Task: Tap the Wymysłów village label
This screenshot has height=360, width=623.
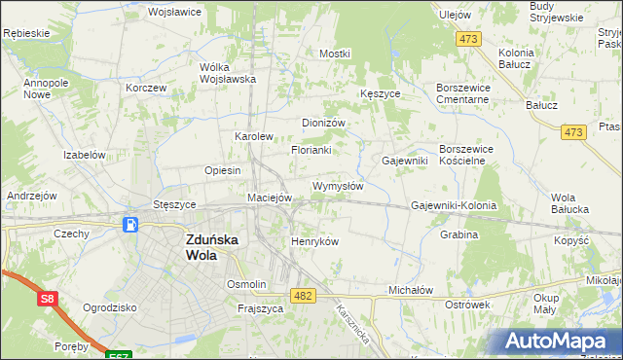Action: pos(338,186)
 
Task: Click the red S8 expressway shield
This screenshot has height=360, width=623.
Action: pos(47,301)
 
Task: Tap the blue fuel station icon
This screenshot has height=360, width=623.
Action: pos(129,225)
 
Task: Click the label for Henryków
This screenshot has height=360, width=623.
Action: pos(314,241)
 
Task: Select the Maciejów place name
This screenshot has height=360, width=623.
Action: pos(270,198)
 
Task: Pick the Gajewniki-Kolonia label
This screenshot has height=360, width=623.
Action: pos(454,206)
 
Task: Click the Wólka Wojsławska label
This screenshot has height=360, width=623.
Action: pos(227,74)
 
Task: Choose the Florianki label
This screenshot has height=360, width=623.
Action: pos(311,150)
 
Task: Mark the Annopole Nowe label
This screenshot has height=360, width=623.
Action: pos(45,90)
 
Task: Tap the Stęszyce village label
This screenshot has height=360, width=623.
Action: pos(175,205)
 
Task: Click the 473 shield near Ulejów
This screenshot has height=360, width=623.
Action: pos(469,39)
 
